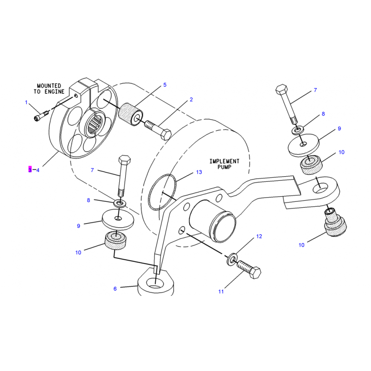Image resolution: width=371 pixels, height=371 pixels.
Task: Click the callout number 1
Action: click(x=26, y=102)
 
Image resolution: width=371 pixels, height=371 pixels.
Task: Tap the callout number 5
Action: click(x=165, y=85)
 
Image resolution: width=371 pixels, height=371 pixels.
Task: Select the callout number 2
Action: click(x=191, y=100)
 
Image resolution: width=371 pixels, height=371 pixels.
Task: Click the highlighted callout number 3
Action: click(x=30, y=170)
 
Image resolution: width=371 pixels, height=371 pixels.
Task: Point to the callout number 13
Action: click(x=199, y=172)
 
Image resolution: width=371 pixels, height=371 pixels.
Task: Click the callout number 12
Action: click(x=259, y=237)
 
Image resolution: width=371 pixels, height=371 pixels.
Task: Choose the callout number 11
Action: click(x=221, y=292)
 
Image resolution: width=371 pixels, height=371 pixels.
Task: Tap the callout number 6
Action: click(x=115, y=288)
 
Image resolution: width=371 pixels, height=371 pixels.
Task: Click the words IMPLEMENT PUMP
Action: click(x=224, y=164)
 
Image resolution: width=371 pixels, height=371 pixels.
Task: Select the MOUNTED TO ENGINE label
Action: click(x=49, y=89)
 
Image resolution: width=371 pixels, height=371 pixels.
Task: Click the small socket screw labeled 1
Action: click(x=41, y=116)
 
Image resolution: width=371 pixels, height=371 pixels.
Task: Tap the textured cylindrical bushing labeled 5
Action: click(x=130, y=115)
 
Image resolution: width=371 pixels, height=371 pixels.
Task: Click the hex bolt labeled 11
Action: click(x=249, y=269)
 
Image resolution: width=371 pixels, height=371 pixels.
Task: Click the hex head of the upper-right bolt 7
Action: click(x=281, y=89)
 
